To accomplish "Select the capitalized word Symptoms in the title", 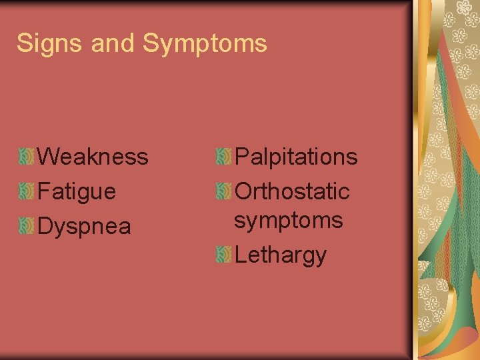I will coord(205,44).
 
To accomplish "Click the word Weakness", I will coord(93,157).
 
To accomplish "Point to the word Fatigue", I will coord(77,192).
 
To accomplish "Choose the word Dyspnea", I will coord(85,227).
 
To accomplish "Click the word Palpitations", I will coord(297,157).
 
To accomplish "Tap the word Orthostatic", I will coord(293,192).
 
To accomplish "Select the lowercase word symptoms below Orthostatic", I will coord(288,220).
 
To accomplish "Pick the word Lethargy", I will coord(281,255).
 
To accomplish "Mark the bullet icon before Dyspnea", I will coord(27,227).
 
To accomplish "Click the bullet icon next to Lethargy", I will coord(223,254).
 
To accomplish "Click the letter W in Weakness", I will coord(48,157).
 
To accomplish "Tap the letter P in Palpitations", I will coord(242,157).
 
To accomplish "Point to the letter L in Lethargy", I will coord(241,254).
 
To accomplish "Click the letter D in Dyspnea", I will coord(45,227).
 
